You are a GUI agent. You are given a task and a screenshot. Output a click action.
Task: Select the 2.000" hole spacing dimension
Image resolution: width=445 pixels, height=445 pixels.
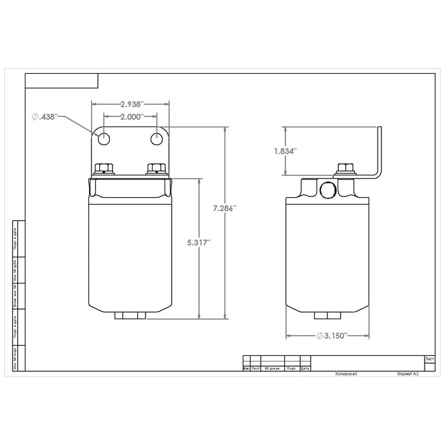(123, 118)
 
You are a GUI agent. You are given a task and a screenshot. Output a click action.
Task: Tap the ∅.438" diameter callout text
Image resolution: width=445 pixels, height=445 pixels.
(45, 117)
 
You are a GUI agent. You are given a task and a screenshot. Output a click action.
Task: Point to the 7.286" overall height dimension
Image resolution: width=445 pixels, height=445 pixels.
(226, 208)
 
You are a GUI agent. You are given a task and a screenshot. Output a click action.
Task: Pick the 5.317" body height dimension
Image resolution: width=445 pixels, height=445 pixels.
(200, 242)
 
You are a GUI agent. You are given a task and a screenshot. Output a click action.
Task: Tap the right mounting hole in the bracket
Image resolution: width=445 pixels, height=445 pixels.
(157, 139)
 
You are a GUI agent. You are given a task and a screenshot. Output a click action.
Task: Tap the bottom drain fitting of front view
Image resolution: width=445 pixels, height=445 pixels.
(131, 316)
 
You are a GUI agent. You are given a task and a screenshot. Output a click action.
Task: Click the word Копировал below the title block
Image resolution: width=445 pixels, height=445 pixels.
(347, 375)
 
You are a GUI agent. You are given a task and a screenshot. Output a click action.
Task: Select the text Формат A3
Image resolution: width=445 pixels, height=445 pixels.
(407, 375)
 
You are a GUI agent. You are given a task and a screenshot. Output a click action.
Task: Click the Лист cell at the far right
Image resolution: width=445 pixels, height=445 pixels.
(430, 359)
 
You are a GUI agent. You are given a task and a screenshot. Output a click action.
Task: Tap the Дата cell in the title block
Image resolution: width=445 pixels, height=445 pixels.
(305, 368)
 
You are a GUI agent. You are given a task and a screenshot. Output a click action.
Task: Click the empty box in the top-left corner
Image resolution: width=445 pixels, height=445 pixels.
(62, 80)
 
